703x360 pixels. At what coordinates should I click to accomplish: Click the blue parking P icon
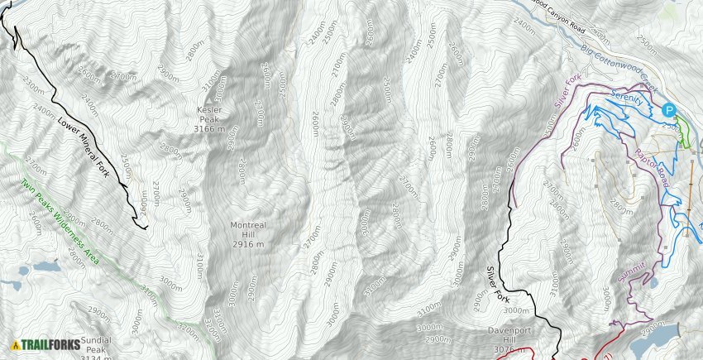pyautogui.click(x=669, y=109)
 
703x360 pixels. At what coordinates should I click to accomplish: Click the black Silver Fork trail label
pyautogui.click(x=497, y=283)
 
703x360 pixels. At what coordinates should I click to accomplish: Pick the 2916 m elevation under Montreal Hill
pyautogui.click(x=248, y=244)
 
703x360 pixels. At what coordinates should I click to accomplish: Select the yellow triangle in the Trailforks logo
pyautogui.click(x=16, y=345)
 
